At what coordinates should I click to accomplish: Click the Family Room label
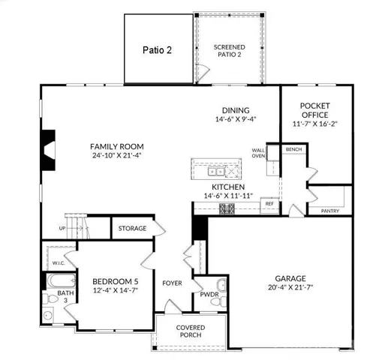[x=117, y=146]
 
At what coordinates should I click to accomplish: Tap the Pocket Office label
[x=315, y=110]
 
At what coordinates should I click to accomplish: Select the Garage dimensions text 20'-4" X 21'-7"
[x=290, y=287]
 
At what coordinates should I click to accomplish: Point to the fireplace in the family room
[x=48, y=150]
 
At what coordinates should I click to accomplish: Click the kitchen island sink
[x=215, y=172]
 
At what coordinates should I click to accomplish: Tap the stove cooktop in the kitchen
[x=227, y=208]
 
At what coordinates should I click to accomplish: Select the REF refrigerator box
[x=269, y=205]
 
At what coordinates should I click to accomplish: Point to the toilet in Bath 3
[x=50, y=299]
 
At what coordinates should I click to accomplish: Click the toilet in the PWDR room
[x=218, y=301]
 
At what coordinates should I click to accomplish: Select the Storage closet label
[x=132, y=228]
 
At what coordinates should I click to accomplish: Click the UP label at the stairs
[x=62, y=228]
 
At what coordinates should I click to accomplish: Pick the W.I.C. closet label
[x=59, y=263]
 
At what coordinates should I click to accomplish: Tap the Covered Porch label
[x=191, y=331]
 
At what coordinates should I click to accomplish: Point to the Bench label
[x=293, y=149]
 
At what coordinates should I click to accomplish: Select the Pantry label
[x=330, y=211]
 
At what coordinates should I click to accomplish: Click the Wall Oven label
[x=258, y=153]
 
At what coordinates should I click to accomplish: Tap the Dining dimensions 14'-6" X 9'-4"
[x=236, y=119]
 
